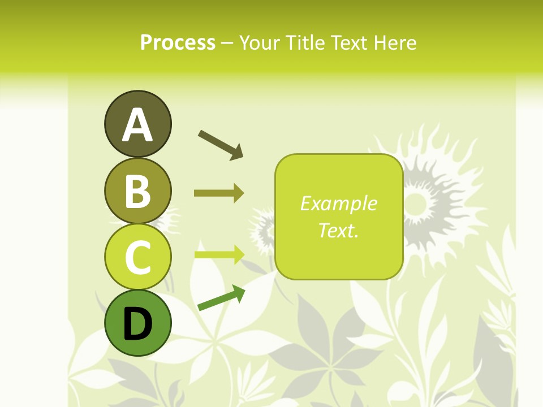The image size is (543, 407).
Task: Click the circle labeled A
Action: (x=137, y=124)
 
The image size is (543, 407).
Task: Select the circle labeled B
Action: (x=137, y=190)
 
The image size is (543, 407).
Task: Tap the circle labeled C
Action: (x=137, y=257)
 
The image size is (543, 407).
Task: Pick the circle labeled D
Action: (x=137, y=323)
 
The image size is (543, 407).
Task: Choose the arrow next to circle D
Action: (x=221, y=298)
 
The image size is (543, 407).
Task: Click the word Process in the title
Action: (x=178, y=42)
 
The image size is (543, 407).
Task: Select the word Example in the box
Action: (x=339, y=203)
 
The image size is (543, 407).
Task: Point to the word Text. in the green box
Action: (x=339, y=230)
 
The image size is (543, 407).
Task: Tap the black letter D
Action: (x=137, y=324)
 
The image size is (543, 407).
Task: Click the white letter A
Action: (x=137, y=125)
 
